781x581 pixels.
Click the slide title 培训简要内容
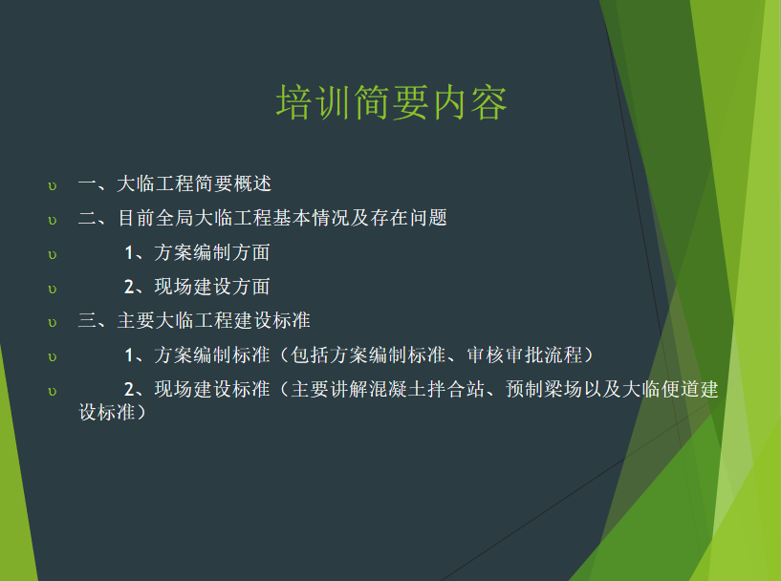392,102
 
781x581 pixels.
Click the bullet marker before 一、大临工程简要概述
53,186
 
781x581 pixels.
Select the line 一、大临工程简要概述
175,183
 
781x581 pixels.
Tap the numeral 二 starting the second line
88,218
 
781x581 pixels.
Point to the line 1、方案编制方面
197,252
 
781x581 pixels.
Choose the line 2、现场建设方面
197,287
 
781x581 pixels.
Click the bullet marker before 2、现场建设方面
53,290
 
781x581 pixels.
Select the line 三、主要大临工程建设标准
194,321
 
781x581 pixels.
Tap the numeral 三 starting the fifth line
88,321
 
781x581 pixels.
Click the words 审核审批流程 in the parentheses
525,355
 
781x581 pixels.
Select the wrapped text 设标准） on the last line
113,412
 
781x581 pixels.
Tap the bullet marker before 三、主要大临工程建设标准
53,324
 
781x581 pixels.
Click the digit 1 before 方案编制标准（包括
129,355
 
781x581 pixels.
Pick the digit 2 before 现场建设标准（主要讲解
129,390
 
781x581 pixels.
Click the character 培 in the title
294,102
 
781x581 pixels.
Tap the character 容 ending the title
488,102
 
